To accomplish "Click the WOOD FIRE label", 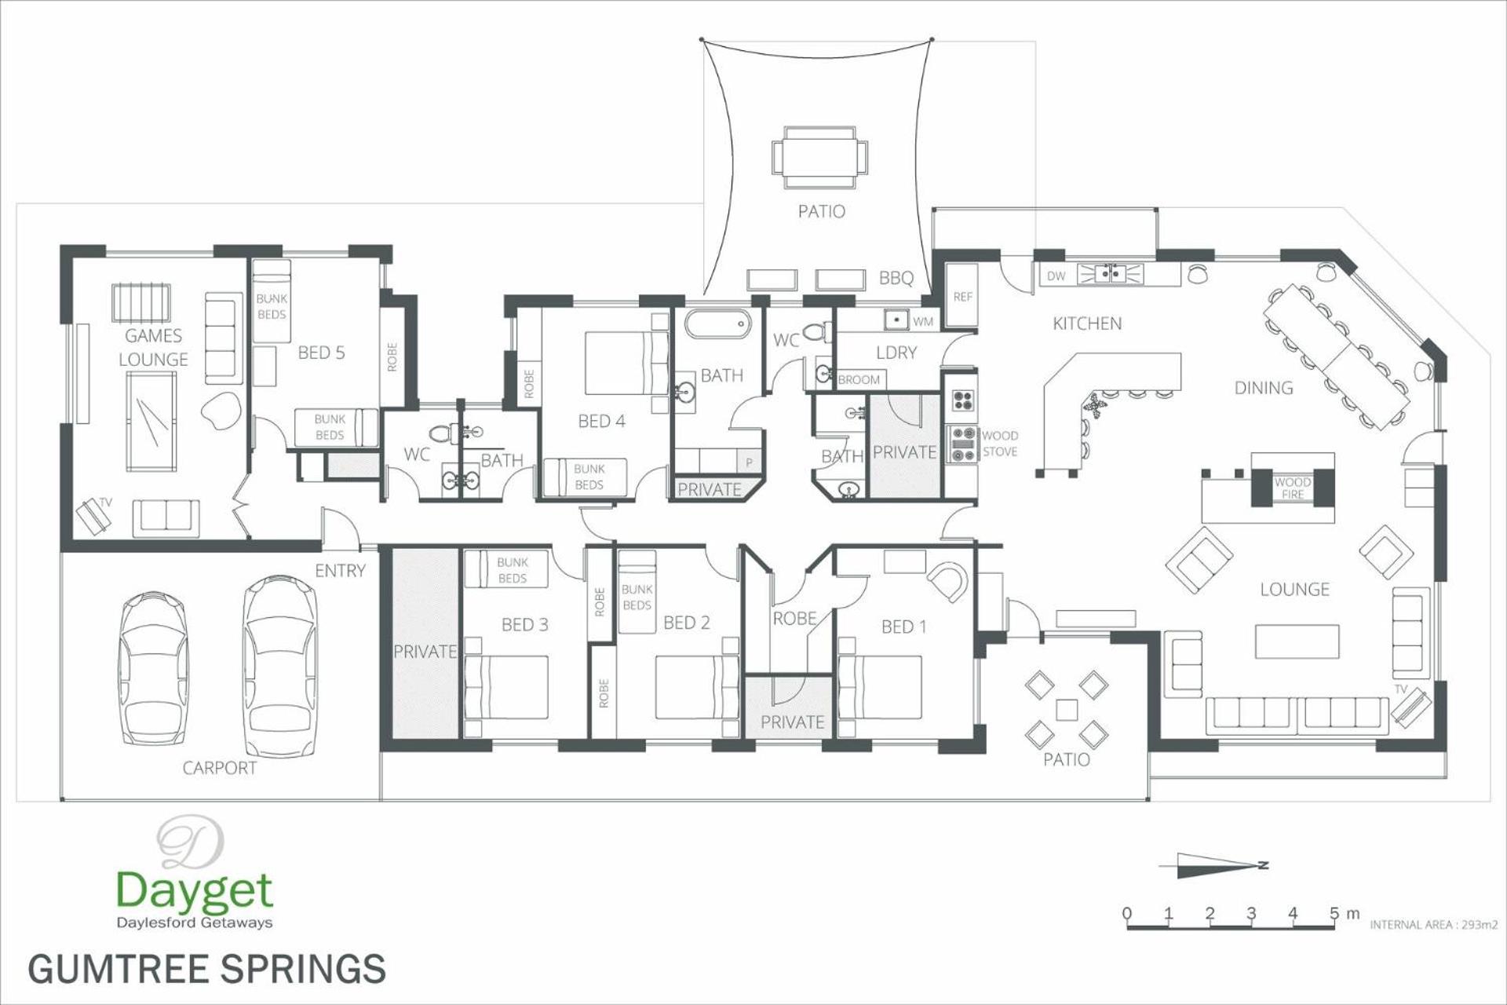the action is [x=1293, y=488].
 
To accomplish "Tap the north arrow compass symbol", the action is [x=1213, y=865].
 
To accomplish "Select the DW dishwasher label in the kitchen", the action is [x=1056, y=276].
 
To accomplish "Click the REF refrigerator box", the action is [x=962, y=295].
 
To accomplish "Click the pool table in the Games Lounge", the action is [x=151, y=420].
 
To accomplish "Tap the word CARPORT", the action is [x=220, y=768].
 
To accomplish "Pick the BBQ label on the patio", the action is [x=896, y=278].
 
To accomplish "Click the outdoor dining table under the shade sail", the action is [x=820, y=157].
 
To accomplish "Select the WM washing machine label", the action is [x=923, y=321].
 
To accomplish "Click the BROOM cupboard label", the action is [x=859, y=380].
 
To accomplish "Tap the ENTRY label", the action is [x=340, y=571].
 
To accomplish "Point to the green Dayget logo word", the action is [x=194, y=891].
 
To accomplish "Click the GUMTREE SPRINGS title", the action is [x=207, y=968].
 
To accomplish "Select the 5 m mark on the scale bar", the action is [x=1334, y=914].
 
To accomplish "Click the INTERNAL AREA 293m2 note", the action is [x=1433, y=925].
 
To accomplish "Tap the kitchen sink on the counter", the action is [x=1110, y=274].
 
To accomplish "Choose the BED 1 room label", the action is [x=903, y=627].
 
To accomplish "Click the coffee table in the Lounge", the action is [x=1297, y=641].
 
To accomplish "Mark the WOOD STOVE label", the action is [x=1000, y=444].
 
